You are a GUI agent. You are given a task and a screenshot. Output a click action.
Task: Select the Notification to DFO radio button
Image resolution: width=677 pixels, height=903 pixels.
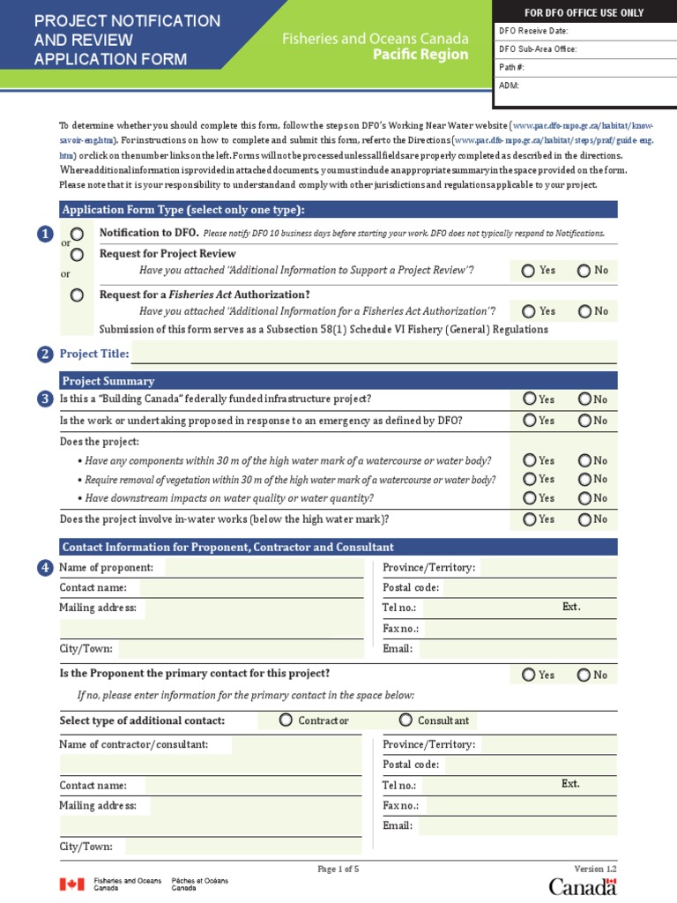point(78,234)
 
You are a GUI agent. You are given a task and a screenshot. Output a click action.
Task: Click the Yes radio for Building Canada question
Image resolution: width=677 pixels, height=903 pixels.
point(529,399)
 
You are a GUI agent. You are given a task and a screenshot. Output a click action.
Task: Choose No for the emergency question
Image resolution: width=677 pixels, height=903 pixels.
point(584,421)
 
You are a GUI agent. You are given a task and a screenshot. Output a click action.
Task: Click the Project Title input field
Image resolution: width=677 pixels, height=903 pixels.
point(374,354)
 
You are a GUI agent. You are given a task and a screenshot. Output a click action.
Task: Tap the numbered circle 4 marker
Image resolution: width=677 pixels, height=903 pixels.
point(45,568)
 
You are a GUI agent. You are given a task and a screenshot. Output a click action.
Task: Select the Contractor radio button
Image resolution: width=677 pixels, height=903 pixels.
point(286,720)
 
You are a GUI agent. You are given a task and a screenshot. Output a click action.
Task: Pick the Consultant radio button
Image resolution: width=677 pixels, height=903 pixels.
point(405,720)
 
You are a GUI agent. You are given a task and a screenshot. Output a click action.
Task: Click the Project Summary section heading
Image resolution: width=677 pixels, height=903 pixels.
point(107,381)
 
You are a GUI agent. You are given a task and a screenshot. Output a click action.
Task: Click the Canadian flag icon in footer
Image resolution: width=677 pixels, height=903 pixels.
point(72,884)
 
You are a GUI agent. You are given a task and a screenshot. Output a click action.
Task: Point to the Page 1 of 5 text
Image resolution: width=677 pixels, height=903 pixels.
point(338,869)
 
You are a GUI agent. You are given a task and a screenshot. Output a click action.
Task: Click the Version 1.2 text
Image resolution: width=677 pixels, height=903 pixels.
point(595,869)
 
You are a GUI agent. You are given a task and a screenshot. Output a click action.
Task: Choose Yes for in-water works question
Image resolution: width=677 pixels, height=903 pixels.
point(529,519)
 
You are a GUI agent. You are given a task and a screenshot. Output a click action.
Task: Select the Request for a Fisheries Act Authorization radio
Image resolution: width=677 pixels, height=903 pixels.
point(78,295)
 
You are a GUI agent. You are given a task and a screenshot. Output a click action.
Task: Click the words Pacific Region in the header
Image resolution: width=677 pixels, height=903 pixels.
point(420,55)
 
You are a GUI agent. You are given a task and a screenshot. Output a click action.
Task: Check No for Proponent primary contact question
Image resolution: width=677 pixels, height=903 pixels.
point(584,675)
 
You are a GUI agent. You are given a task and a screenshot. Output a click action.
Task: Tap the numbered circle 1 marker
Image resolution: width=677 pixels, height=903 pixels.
point(45,234)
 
